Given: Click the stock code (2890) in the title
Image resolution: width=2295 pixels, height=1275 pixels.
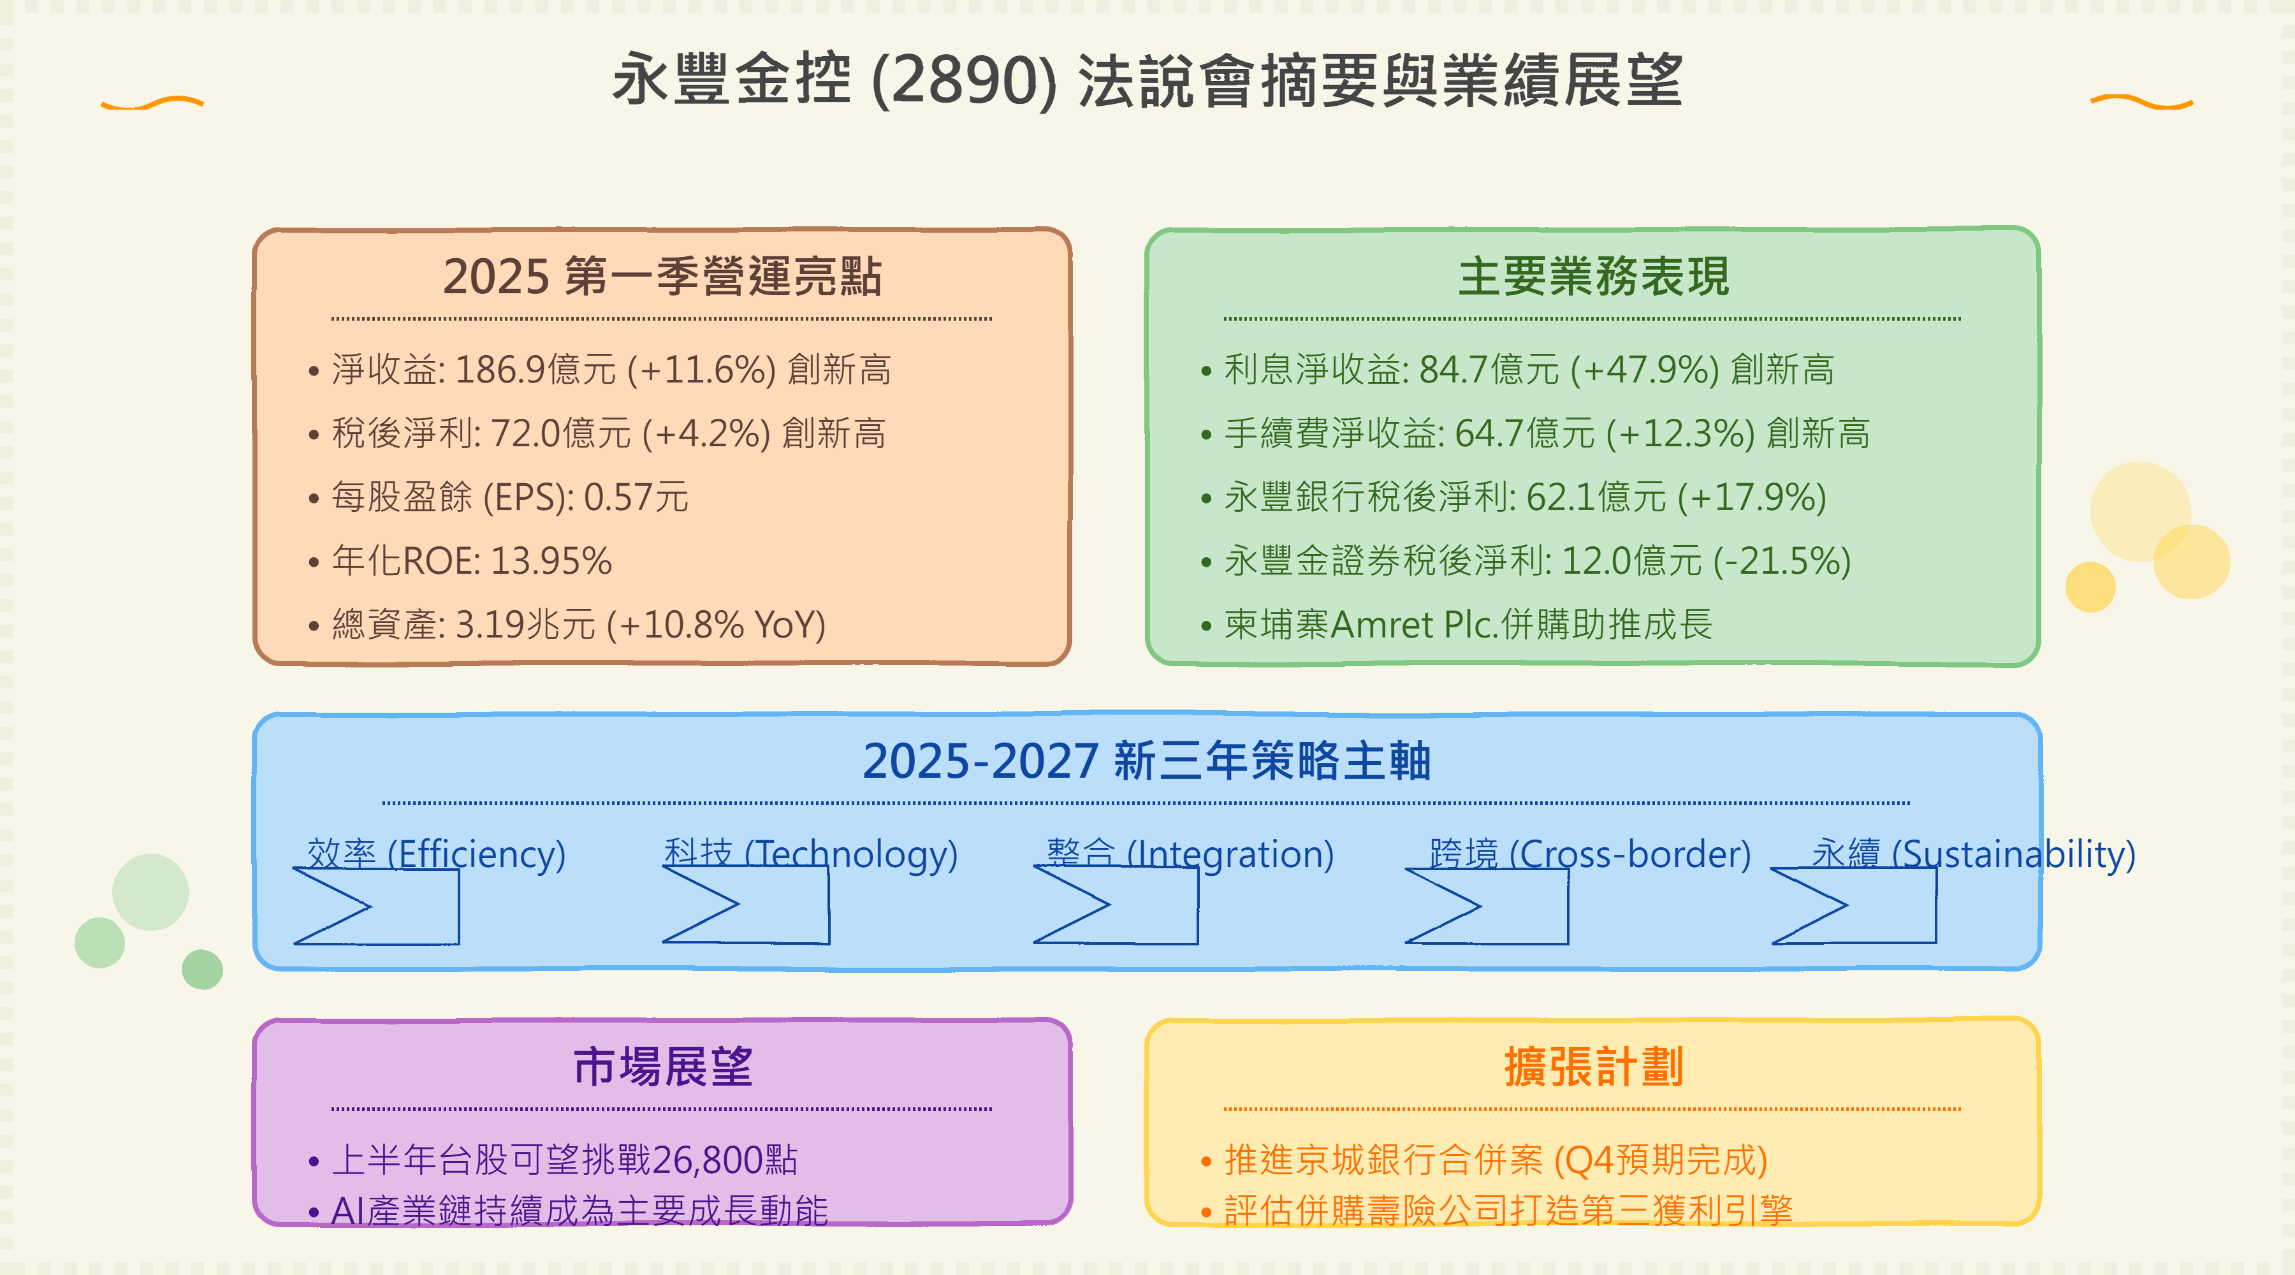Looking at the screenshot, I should [964, 81].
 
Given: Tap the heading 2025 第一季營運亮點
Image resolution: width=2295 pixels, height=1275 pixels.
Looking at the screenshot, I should [662, 276].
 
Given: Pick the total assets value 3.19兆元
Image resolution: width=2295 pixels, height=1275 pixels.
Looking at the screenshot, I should [526, 625].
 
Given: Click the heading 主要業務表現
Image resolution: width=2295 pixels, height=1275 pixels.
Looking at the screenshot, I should [1593, 276].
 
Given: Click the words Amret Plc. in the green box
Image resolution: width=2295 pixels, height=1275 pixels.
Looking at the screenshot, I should [1415, 625].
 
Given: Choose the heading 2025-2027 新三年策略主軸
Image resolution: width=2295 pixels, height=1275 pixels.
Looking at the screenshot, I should [1147, 761].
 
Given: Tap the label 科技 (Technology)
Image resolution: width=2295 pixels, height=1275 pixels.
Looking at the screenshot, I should [811, 854].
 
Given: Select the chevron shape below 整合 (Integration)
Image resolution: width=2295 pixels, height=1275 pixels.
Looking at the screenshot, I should [1116, 905].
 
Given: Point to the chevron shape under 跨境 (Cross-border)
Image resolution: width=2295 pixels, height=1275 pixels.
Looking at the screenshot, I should [1486, 905].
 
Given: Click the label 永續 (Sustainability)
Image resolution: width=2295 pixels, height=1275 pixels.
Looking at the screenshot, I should [1973, 854].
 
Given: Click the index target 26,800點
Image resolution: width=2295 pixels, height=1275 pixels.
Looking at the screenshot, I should [724, 1160].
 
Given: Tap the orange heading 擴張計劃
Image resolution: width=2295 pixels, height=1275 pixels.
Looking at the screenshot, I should [1593, 1067].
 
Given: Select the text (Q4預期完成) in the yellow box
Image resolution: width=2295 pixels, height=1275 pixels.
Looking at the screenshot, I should [1661, 1160].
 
